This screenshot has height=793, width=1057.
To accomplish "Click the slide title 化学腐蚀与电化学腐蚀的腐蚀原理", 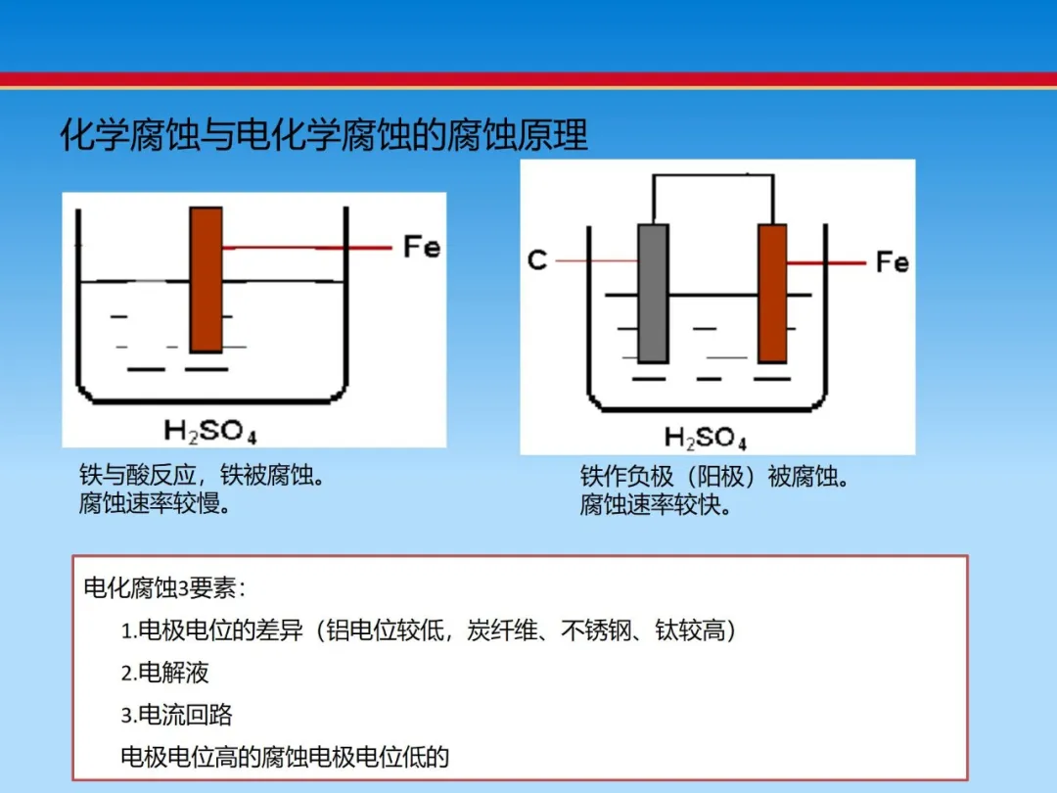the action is tap(324, 135).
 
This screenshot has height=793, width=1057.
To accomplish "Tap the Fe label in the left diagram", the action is tap(422, 247).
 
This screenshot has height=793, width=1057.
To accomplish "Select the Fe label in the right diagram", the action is tap(892, 261).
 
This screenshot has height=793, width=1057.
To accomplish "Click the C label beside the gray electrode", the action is tap(537, 260).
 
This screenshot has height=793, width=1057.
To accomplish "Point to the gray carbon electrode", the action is tap(653, 294).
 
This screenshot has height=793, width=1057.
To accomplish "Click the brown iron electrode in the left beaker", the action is tap(207, 280).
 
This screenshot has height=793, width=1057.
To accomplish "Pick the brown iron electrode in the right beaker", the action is tap(772, 294).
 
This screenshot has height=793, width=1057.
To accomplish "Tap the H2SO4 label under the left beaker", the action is tap(210, 431).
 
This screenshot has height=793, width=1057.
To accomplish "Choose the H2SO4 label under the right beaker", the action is tap(705, 438).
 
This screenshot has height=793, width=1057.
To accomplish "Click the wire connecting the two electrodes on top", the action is tap(713, 176).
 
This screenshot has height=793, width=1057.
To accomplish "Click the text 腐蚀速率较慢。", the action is tap(156, 503).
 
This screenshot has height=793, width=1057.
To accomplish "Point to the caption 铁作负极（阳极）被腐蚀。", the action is tap(715, 477).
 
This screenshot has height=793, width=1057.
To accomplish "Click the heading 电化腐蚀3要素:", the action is tap(164, 588).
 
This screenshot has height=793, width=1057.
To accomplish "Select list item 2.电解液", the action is tap(165, 673).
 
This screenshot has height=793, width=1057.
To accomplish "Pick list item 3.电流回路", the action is tap(176, 715).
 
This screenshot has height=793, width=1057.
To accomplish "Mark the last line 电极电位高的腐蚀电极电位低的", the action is tap(285, 757).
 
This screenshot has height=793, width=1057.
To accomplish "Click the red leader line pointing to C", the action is tap(597, 260).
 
